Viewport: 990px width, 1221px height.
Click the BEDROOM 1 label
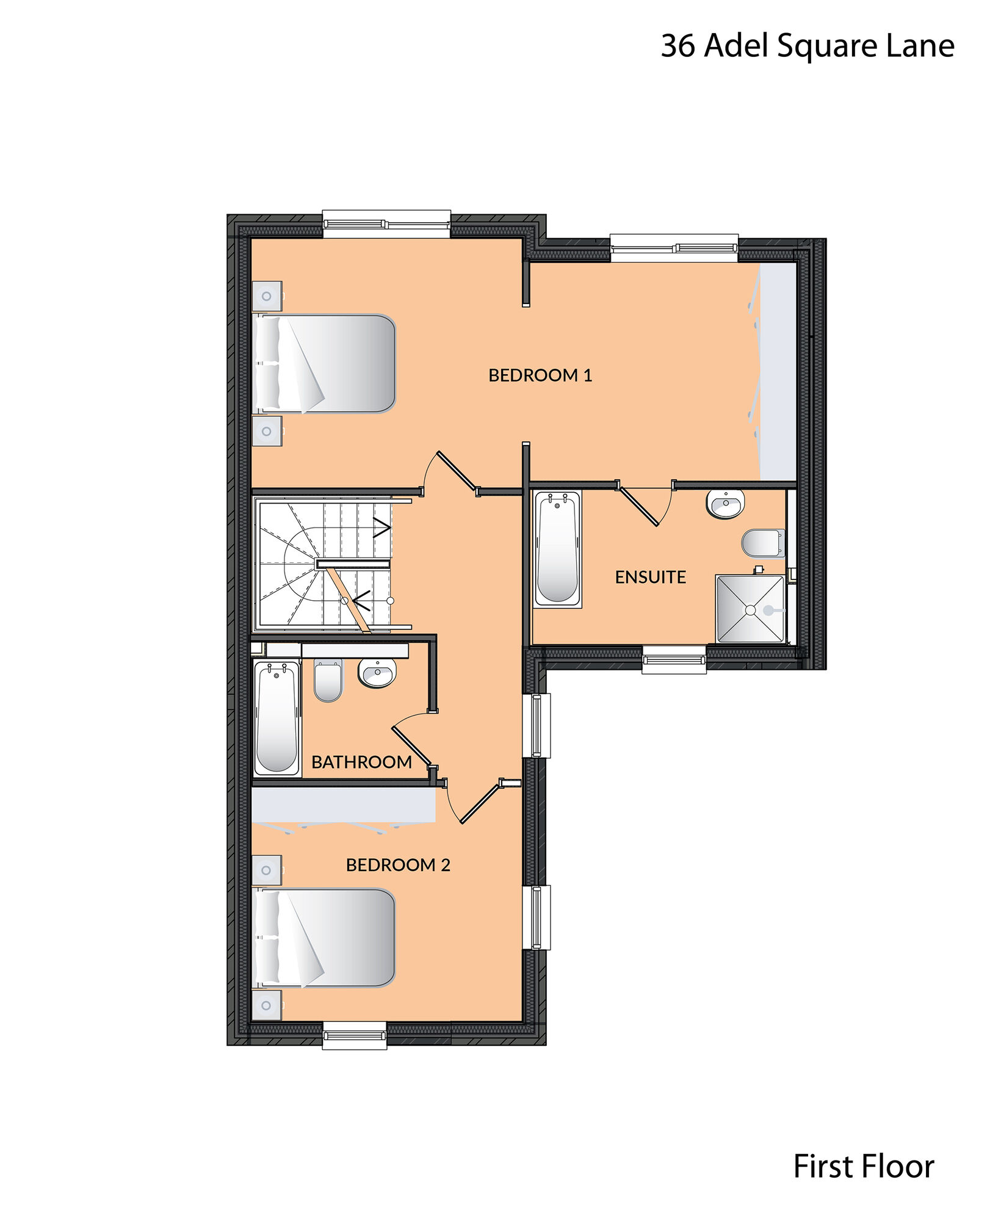(540, 375)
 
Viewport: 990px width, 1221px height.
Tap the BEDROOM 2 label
(398, 864)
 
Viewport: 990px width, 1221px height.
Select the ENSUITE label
(650, 577)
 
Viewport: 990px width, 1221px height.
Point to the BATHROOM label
(361, 762)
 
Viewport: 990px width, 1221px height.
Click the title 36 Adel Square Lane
(808, 46)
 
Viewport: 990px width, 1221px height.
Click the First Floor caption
(864, 1167)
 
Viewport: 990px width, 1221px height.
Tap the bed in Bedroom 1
(324, 363)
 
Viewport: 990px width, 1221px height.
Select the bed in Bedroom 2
(324, 938)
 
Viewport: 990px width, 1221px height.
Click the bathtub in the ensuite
(557, 548)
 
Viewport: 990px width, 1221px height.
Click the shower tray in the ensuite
(751, 609)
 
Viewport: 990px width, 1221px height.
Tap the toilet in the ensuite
(763, 543)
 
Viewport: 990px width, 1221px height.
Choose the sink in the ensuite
(725, 504)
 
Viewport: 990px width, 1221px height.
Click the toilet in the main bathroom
(328, 680)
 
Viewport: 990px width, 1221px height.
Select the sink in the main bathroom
(377, 673)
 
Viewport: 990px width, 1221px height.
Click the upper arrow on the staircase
(382, 528)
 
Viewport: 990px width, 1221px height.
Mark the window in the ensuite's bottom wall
(674, 660)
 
